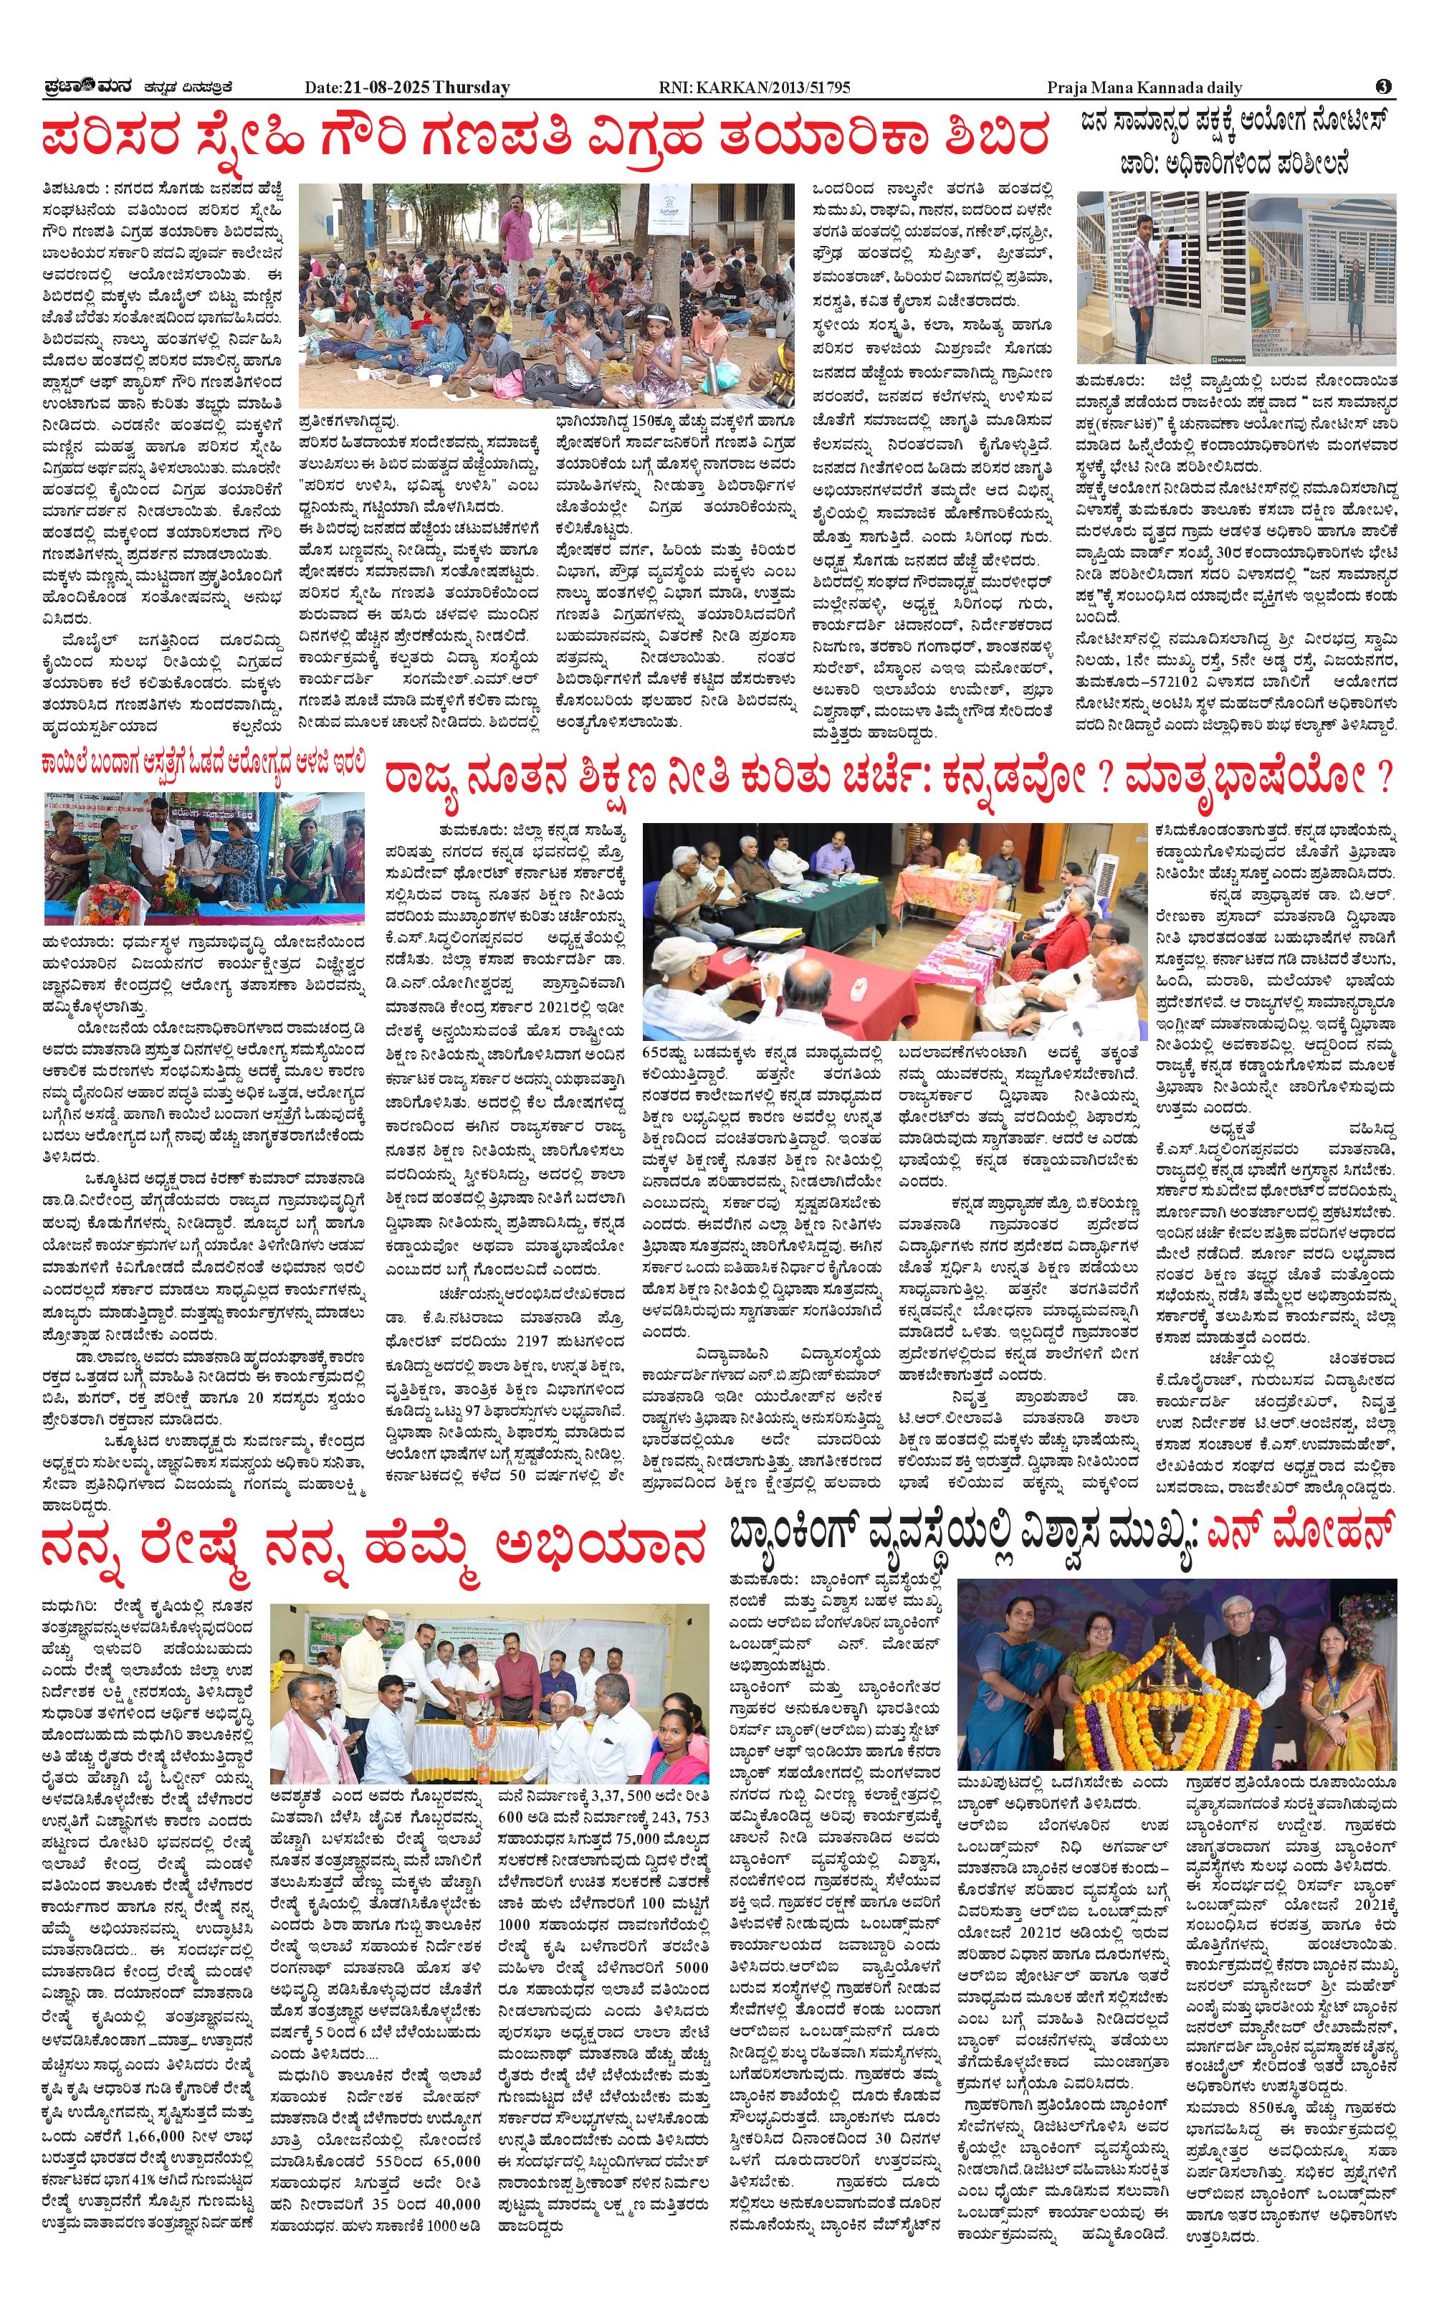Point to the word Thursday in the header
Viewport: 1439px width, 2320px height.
click(471, 87)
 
